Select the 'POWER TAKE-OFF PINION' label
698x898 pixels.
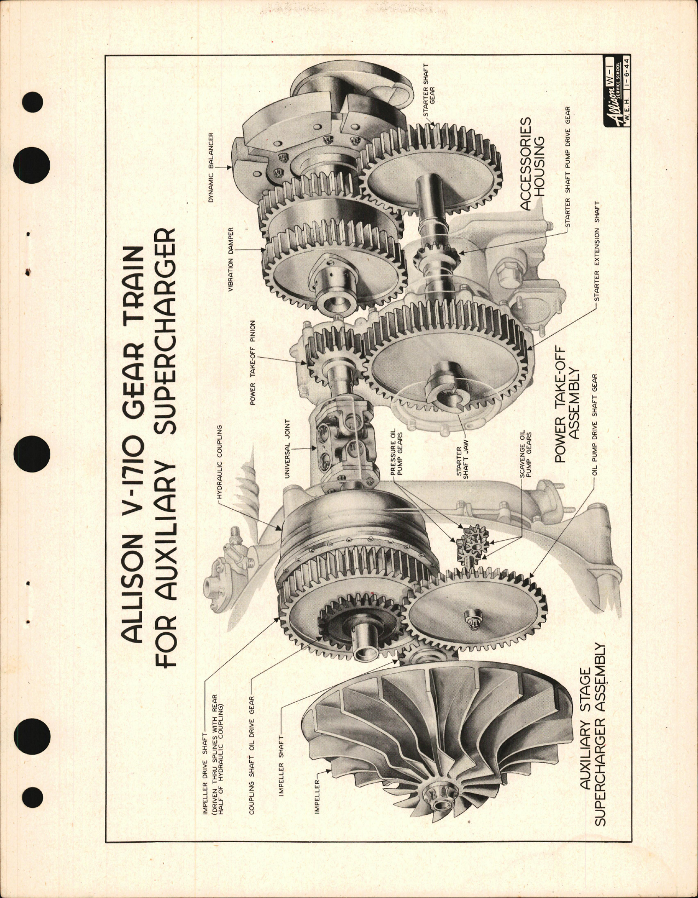pyautogui.click(x=253, y=363)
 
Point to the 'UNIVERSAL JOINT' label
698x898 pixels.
pyautogui.click(x=287, y=449)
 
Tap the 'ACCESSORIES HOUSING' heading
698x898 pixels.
pyautogui.click(x=532, y=164)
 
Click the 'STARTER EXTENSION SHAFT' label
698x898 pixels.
pyautogui.click(x=597, y=251)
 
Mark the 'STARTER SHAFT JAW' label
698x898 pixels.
pyautogui.click(x=462, y=463)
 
